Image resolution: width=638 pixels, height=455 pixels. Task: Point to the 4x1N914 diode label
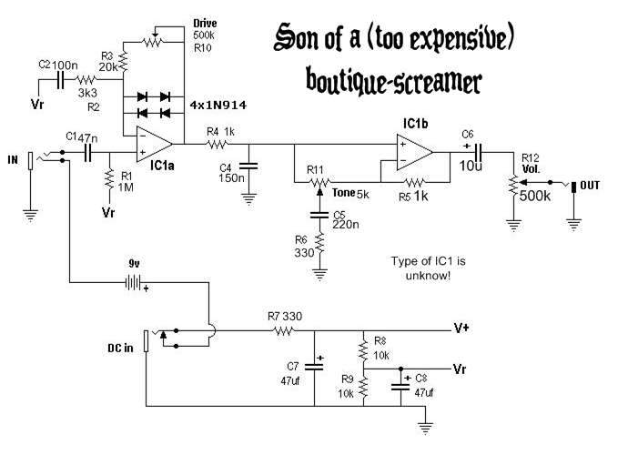point(218,104)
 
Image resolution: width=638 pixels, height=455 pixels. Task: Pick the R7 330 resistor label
point(284,316)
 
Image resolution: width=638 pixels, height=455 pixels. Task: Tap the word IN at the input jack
point(13,160)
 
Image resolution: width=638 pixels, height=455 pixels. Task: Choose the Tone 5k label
point(350,192)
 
